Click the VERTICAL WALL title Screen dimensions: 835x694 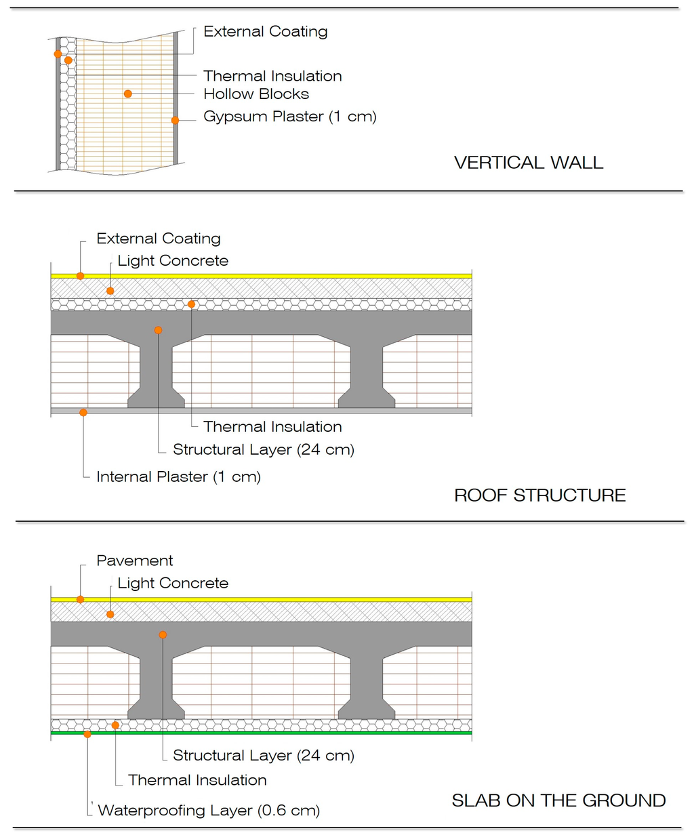click(x=528, y=163)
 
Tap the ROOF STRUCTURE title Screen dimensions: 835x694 click(x=539, y=495)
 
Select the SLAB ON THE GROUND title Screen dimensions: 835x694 click(x=558, y=800)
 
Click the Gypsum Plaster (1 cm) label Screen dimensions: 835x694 click(x=289, y=117)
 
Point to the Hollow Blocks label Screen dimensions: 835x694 click(x=256, y=94)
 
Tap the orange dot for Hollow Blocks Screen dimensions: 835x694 click(x=127, y=94)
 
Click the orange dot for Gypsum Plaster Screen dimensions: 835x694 click(x=175, y=120)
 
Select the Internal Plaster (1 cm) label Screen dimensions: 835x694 click(x=178, y=476)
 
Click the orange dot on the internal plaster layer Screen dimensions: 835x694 click(x=83, y=412)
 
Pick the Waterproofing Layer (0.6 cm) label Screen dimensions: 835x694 click(x=209, y=810)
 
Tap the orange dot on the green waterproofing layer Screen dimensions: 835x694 click(x=87, y=733)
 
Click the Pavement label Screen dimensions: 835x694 click(x=135, y=561)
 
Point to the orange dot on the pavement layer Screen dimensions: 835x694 click(x=80, y=599)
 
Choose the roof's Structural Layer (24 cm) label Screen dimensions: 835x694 click(x=263, y=449)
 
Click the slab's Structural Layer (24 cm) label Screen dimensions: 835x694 click(x=263, y=755)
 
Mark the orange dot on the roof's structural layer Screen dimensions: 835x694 click(x=158, y=330)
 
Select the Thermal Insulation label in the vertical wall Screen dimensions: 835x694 click(x=272, y=76)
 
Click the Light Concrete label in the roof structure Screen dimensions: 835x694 click(x=173, y=261)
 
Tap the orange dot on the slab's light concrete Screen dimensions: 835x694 click(x=110, y=614)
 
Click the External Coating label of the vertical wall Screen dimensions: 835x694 click(x=265, y=31)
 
